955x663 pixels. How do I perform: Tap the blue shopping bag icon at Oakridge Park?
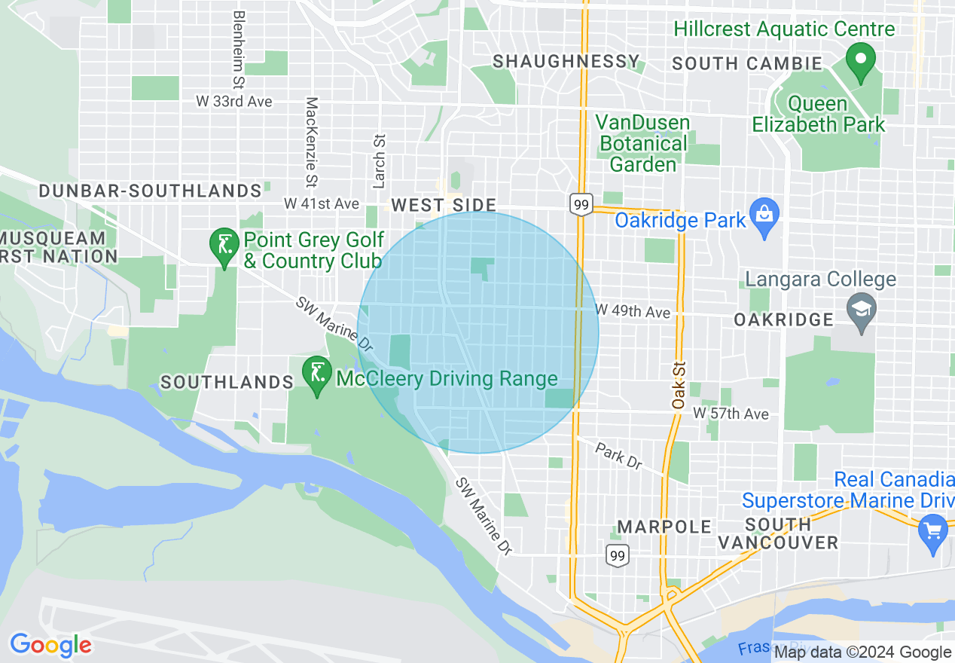764,217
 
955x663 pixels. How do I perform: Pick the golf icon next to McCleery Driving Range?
317,374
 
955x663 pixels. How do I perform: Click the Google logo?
50,645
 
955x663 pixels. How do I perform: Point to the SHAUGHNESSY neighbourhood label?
566,62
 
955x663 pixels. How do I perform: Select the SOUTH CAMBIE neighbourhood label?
746,64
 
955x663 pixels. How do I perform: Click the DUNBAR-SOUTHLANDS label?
150,191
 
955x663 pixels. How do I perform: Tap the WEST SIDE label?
444,205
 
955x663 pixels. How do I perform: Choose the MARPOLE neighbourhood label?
664,526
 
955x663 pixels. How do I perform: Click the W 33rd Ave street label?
233,101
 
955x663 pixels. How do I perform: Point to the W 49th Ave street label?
633,311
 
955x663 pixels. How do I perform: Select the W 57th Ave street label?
731,414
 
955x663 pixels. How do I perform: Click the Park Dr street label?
618,456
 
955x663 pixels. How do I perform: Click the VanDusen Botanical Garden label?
643,143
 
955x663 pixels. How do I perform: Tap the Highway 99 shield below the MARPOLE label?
618,555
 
